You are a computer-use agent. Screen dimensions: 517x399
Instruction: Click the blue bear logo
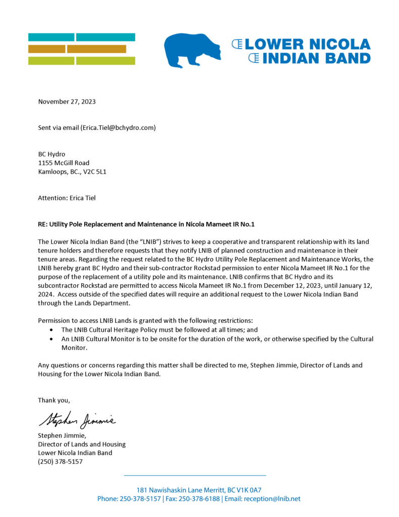(x=192, y=49)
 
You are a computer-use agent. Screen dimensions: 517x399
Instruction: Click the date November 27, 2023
(x=67, y=101)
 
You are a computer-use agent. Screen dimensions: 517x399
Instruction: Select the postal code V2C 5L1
(x=94, y=172)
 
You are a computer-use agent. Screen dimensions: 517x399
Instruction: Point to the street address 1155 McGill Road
(x=64, y=163)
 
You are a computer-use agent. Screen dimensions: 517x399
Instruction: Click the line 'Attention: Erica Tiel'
(x=67, y=198)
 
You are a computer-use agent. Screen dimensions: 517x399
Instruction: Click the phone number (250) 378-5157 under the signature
(x=60, y=461)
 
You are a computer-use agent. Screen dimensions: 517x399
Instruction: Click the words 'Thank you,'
(x=54, y=400)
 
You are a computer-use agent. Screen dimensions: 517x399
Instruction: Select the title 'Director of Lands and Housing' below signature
(x=82, y=444)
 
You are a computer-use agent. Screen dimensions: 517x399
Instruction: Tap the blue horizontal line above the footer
(x=195, y=475)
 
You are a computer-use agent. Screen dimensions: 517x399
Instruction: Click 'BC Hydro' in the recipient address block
(x=51, y=154)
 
